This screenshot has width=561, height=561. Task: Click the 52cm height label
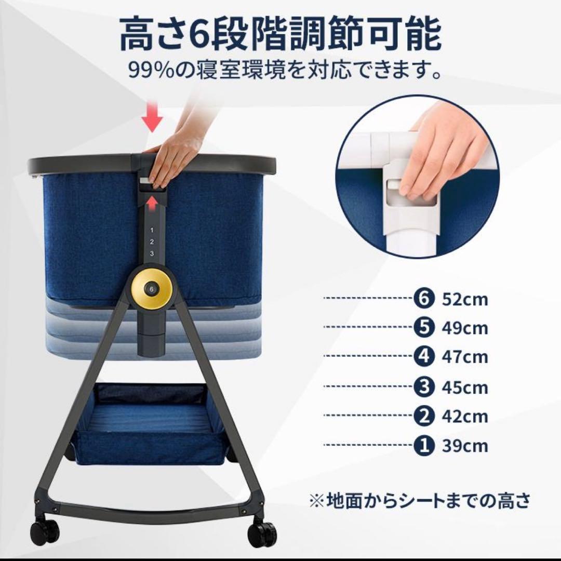point(465,300)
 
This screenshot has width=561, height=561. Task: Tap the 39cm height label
point(465,446)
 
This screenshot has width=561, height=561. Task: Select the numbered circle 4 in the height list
point(422,357)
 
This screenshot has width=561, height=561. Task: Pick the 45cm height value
point(465,387)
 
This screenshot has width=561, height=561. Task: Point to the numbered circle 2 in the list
point(422,416)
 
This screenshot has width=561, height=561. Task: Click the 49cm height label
point(465,328)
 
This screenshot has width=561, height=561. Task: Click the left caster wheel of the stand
point(44,530)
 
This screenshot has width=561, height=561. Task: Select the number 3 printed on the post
point(152,253)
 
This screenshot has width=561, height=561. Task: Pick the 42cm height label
point(465,417)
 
